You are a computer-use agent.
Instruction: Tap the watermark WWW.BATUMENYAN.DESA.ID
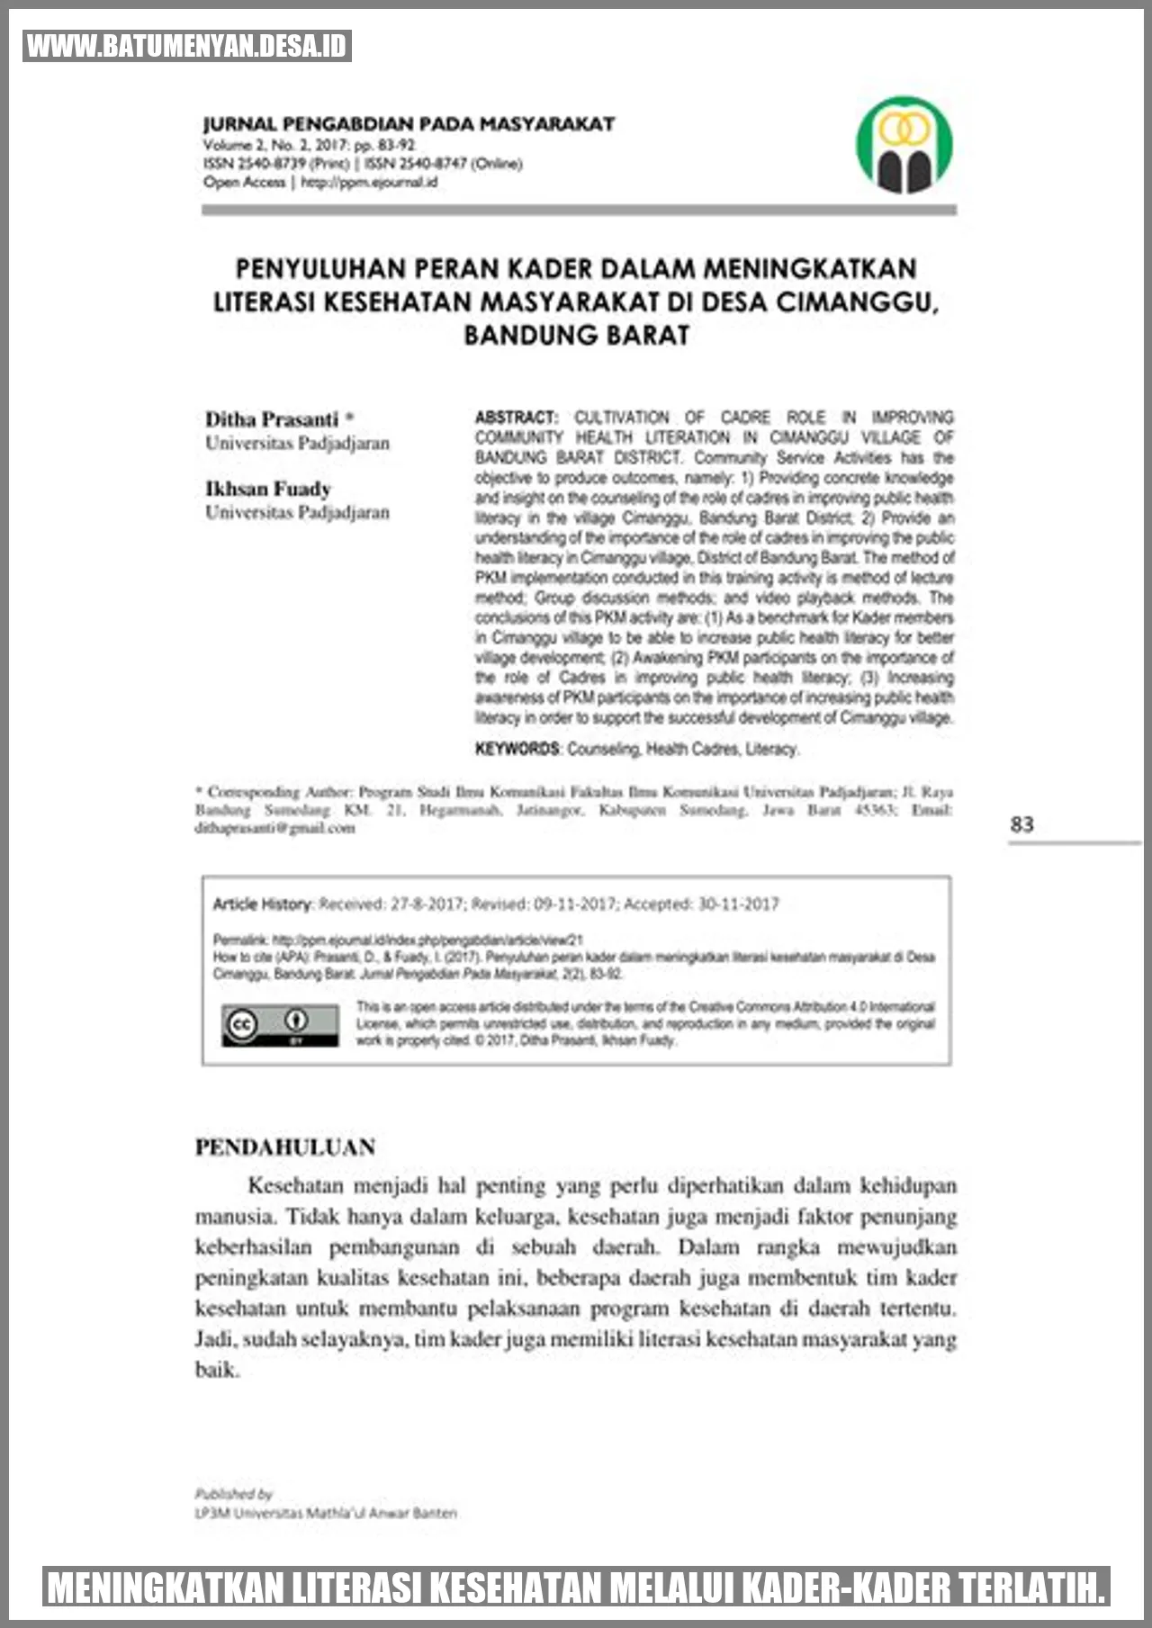[186, 46]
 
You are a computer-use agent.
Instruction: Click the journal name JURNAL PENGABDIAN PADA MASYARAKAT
[409, 124]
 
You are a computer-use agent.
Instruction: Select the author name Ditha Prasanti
[272, 419]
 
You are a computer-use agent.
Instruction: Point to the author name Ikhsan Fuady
[268, 489]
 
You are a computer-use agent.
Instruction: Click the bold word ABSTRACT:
[517, 418]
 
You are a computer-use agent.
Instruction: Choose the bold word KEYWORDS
[517, 749]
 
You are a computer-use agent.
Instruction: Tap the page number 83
[1021, 824]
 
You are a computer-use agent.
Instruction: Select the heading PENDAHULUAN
[285, 1147]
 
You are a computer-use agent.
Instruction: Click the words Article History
[262, 904]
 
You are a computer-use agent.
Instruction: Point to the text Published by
[233, 1493]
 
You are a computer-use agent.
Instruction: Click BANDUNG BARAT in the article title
[576, 335]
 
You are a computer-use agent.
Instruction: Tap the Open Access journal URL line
[320, 182]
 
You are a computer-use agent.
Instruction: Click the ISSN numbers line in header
[362, 163]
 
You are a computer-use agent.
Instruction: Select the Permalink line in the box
[398, 940]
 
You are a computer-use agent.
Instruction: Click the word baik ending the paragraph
[216, 1370]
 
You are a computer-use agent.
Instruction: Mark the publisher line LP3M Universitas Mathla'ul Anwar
[326, 1513]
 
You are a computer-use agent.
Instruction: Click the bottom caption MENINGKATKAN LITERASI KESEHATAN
[575, 1587]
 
